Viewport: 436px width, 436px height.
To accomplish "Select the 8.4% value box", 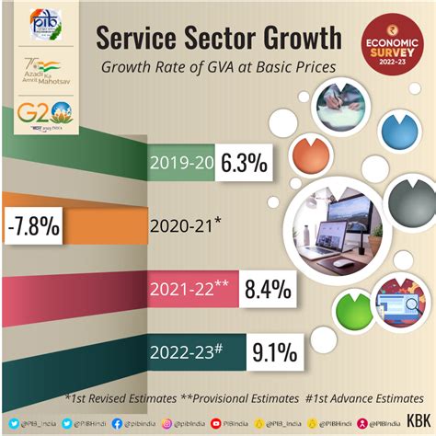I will (268, 291).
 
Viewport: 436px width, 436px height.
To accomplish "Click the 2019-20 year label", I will (182, 164).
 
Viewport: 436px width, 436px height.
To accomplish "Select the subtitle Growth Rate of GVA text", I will (217, 67).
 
